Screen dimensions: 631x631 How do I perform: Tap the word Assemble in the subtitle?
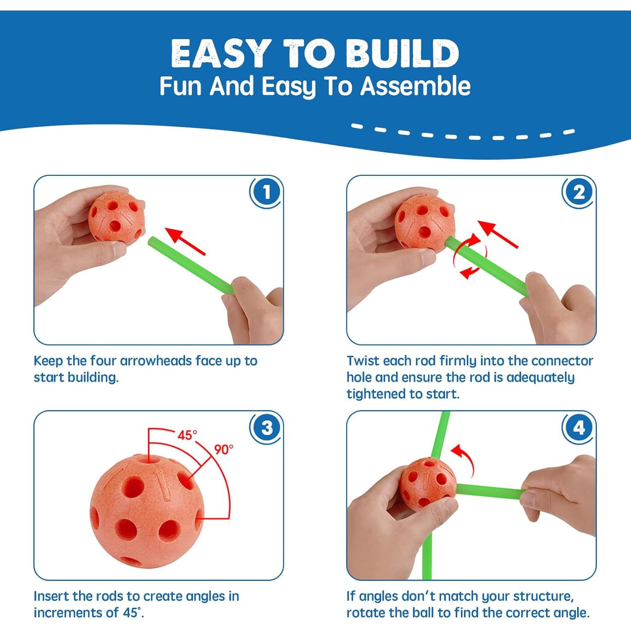pyautogui.click(x=416, y=86)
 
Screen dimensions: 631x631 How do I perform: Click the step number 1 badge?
pyautogui.click(x=266, y=192)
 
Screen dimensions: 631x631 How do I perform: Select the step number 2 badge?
pyautogui.click(x=579, y=192)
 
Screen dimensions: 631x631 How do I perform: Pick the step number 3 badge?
pyautogui.click(x=266, y=428)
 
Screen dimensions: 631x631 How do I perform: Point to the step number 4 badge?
pyautogui.click(x=579, y=428)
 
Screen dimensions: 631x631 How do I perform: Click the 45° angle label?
pyautogui.click(x=187, y=435)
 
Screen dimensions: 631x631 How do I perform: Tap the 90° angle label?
pyautogui.click(x=224, y=449)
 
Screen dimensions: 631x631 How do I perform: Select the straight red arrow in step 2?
pyautogui.click(x=498, y=234)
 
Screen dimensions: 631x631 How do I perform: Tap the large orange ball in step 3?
pyautogui.click(x=147, y=512)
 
